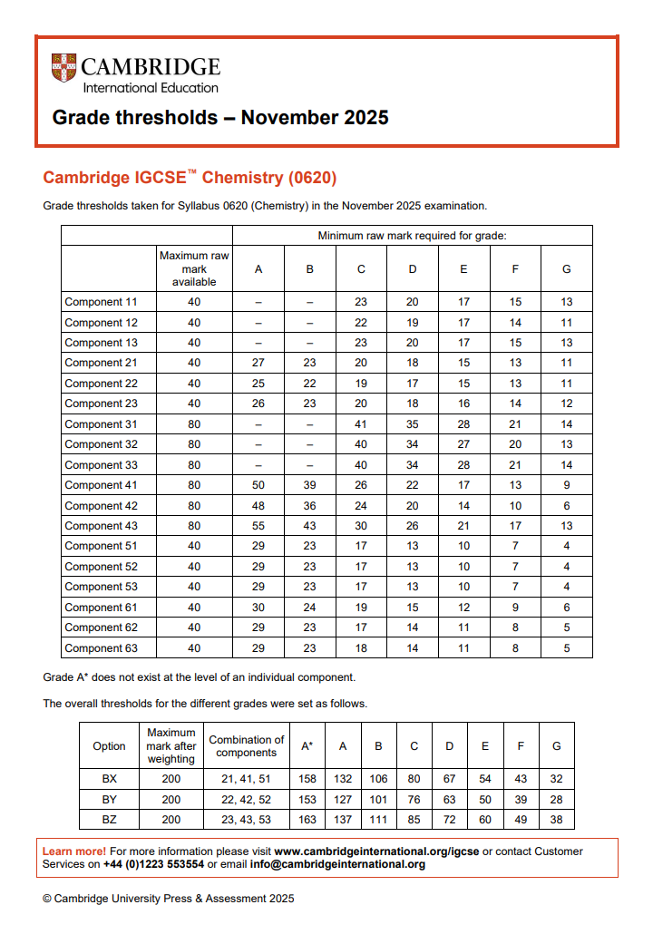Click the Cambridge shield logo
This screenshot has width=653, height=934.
tap(63, 68)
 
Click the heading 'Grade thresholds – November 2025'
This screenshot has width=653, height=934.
tap(220, 117)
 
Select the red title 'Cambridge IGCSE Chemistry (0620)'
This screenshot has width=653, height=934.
tap(190, 177)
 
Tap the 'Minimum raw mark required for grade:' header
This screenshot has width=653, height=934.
tap(412, 236)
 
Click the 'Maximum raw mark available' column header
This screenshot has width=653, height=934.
tap(194, 269)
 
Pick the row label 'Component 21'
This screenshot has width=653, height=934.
tap(101, 363)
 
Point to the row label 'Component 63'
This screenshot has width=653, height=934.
tap(101, 648)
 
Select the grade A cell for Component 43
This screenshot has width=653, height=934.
tap(258, 526)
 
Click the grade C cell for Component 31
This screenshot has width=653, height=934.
tap(361, 423)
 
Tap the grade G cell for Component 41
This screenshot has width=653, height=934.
tap(566, 485)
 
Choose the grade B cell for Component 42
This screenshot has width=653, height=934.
tap(309, 505)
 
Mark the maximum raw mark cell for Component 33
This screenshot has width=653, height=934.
tap(194, 464)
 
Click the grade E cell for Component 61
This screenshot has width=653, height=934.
tap(463, 608)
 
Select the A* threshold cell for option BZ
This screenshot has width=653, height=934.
tap(307, 820)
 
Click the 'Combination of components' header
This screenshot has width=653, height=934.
tap(246, 746)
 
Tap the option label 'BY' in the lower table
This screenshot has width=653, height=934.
tap(110, 800)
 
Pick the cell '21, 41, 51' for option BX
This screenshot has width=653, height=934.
tap(246, 779)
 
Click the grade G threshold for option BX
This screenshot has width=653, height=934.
tap(556, 779)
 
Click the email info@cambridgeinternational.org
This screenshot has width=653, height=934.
tap(336, 865)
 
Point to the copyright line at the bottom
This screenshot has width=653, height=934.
tap(169, 899)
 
